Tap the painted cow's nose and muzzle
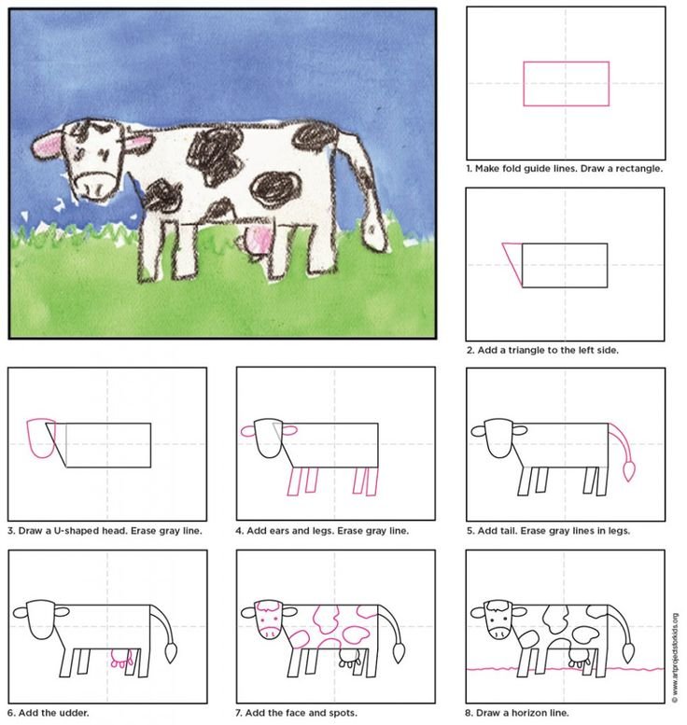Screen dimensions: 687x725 point(95,186)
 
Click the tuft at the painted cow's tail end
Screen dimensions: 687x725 point(374,232)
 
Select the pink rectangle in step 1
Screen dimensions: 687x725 point(567,84)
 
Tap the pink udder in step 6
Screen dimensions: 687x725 point(121,659)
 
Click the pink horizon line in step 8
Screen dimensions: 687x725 point(566,669)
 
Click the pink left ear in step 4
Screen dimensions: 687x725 point(248,431)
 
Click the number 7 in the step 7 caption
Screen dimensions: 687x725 point(238,713)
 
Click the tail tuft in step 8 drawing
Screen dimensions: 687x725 point(628,652)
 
